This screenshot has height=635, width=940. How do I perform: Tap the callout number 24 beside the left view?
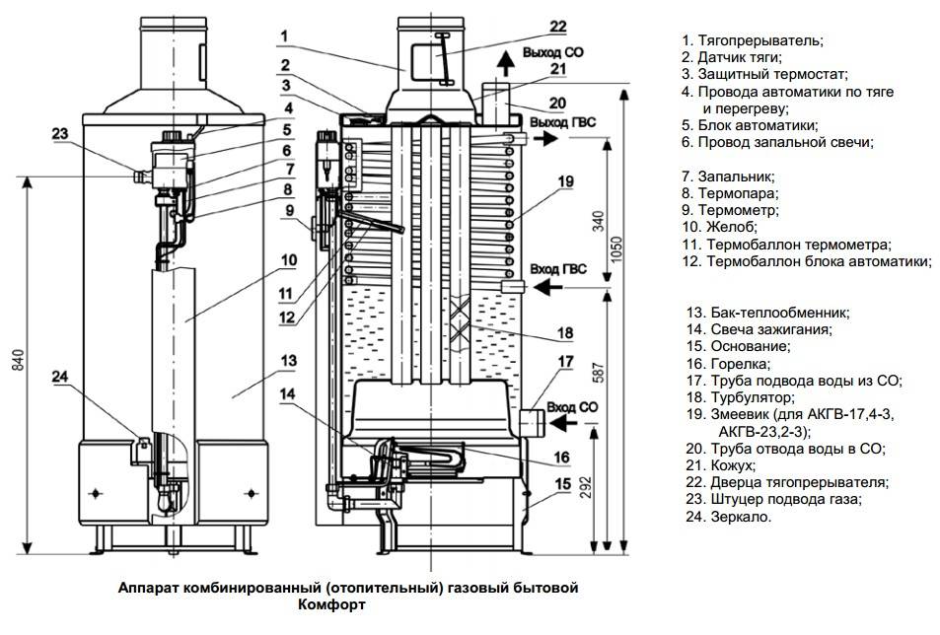pyautogui.click(x=60, y=375)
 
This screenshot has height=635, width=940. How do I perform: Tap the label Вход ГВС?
pyautogui.click(x=559, y=269)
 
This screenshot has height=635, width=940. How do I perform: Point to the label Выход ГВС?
pyautogui.click(x=563, y=121)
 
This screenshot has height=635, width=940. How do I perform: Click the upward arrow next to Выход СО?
pyautogui.click(x=506, y=65)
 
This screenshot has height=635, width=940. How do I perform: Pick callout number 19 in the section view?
pyautogui.click(x=564, y=181)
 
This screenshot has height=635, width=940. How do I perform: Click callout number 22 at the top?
pyautogui.click(x=558, y=26)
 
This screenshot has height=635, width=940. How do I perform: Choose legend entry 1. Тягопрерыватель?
pyautogui.click(x=752, y=40)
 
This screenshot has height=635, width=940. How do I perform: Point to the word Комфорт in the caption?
pyautogui.click(x=335, y=604)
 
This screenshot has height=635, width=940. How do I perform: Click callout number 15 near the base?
pyautogui.click(x=563, y=483)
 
